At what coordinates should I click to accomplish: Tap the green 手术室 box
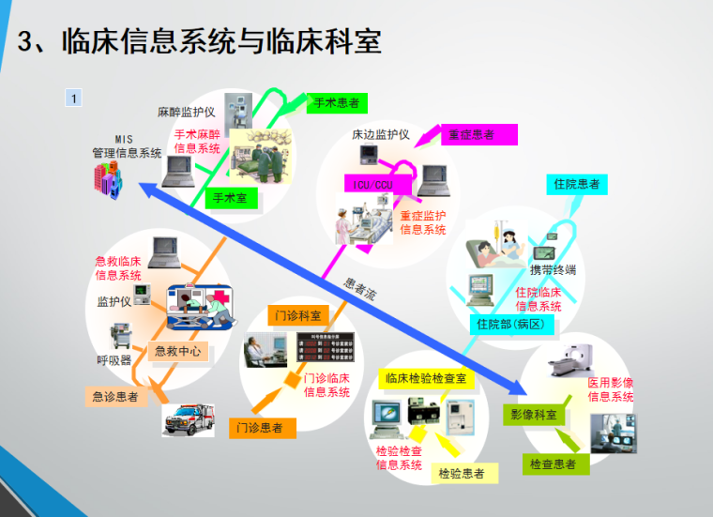(230, 198)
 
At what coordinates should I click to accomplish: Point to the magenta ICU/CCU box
(372, 184)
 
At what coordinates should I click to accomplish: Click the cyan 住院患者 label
(575, 184)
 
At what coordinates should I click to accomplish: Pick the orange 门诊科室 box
(298, 314)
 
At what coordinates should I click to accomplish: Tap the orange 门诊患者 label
(263, 428)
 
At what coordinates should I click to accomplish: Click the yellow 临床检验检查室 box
(427, 378)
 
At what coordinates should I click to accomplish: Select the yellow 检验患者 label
(462, 474)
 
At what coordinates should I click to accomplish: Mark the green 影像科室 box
(533, 414)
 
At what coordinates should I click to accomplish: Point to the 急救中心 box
(178, 352)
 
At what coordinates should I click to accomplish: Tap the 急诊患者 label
(115, 397)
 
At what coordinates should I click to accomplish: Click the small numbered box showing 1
(74, 97)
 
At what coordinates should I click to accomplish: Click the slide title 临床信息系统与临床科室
(221, 43)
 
